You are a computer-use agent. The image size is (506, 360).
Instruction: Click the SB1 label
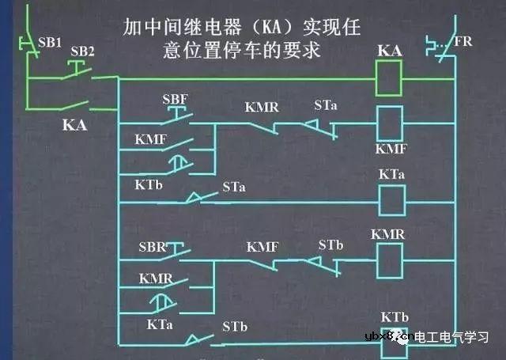[50, 41]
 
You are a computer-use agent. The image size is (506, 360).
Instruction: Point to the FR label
[463, 40]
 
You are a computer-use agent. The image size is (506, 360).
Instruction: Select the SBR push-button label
[153, 247]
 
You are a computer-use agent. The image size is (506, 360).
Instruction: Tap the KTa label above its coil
[391, 174]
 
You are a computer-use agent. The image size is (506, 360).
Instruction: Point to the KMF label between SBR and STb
[262, 247]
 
